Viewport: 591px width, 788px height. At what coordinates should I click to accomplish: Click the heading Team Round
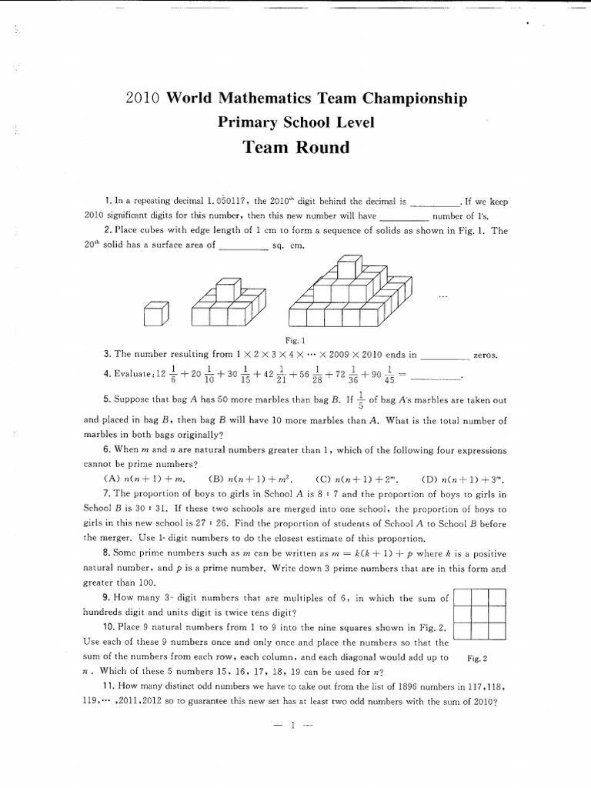pos(296,147)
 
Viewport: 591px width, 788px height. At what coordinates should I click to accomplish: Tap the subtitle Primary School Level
pos(296,122)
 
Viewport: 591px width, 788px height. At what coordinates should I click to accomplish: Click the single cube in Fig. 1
pos(155,313)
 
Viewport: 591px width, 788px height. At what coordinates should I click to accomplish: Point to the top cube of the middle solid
pos(226,290)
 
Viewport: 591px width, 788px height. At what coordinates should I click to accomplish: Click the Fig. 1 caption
pos(295,339)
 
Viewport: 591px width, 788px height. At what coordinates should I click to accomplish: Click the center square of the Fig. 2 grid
pos(480,614)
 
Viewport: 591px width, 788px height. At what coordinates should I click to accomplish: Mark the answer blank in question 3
pos(446,356)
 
